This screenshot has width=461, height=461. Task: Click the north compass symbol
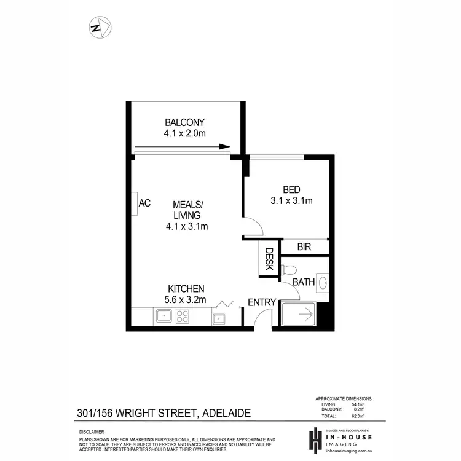pyautogui.click(x=99, y=27)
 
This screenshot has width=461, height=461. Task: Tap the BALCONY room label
pyautogui.click(x=184, y=122)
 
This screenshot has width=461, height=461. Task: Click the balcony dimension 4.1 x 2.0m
pyautogui.click(x=184, y=133)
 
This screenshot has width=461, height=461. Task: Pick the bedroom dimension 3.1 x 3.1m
pyautogui.click(x=291, y=200)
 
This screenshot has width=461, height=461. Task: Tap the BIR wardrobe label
pyautogui.click(x=304, y=247)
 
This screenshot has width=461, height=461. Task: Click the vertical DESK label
pyautogui.click(x=269, y=260)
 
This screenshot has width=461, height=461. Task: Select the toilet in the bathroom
pyautogui.click(x=289, y=269)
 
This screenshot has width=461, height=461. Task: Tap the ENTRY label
pyautogui.click(x=261, y=302)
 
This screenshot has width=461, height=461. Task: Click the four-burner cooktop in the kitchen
pyautogui.click(x=183, y=317)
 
